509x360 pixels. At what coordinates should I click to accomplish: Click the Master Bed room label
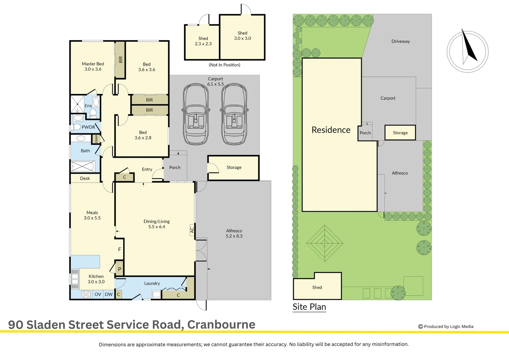93,64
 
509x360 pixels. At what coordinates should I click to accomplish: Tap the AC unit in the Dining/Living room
192,230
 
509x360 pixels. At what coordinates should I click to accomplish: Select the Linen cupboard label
96,139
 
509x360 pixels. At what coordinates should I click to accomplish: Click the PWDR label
88,127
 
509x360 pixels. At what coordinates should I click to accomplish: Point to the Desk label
85,179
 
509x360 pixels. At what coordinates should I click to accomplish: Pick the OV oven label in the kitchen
98,294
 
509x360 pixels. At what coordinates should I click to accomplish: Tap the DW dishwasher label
109,294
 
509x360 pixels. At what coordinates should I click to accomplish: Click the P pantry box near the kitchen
120,269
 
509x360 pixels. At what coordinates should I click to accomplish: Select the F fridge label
120,249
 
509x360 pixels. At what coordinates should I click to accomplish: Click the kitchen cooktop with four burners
86,294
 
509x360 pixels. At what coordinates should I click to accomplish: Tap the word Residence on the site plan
331,130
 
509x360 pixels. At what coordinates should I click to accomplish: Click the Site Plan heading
309,307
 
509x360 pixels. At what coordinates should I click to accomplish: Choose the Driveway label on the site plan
400,41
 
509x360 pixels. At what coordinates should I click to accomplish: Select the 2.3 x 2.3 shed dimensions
203,44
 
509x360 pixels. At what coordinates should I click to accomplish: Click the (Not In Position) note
224,65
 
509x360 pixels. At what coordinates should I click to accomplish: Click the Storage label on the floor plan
234,167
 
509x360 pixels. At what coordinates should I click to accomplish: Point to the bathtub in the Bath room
83,166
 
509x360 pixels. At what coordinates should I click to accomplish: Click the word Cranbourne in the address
221,325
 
